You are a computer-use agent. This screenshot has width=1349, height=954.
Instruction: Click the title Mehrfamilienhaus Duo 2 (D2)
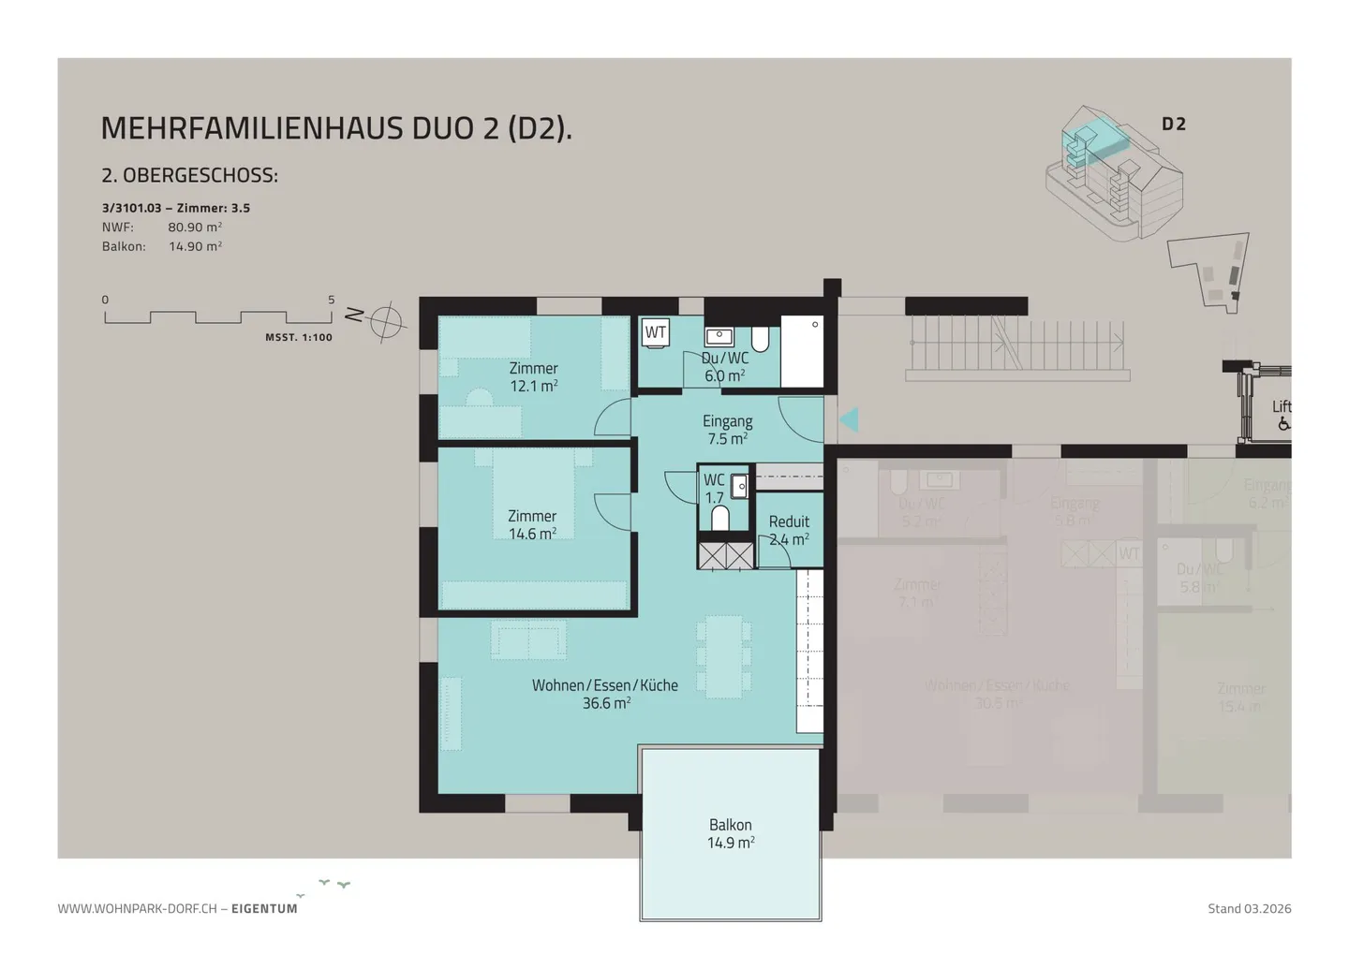coord(335,128)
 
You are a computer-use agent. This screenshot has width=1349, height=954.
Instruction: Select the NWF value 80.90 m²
coord(195,227)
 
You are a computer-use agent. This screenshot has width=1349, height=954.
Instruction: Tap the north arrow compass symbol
coord(385,322)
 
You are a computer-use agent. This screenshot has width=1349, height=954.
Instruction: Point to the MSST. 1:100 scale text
coord(298,338)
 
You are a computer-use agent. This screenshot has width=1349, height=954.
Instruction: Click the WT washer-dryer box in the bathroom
coord(655,332)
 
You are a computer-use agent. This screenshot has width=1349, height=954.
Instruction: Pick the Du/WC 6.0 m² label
coord(724,367)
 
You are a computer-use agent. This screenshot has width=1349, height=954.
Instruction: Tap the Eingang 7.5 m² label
coord(727,430)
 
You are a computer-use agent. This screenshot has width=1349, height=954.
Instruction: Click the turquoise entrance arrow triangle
coord(850,420)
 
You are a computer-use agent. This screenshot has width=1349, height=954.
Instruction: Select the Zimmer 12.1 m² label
coord(533,377)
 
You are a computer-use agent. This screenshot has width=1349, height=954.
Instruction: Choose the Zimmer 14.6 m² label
coord(532,525)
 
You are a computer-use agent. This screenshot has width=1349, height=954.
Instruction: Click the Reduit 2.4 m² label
coord(789,530)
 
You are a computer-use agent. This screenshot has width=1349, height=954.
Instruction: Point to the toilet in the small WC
coord(720,518)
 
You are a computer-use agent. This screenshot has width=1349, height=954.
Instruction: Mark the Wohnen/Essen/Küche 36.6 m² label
coord(605,694)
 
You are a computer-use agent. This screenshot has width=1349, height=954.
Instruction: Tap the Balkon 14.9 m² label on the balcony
coord(730,833)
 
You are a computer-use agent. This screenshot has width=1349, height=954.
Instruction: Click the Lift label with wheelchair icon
coord(1281,415)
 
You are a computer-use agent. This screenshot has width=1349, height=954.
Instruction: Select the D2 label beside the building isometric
coord(1173,125)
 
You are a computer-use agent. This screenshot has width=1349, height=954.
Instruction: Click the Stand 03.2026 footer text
coord(1249,908)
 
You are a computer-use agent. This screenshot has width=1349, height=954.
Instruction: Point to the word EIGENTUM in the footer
coord(264,908)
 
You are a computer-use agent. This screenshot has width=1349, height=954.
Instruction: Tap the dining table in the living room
coord(724,655)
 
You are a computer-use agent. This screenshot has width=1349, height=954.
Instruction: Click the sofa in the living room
coord(528,640)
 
